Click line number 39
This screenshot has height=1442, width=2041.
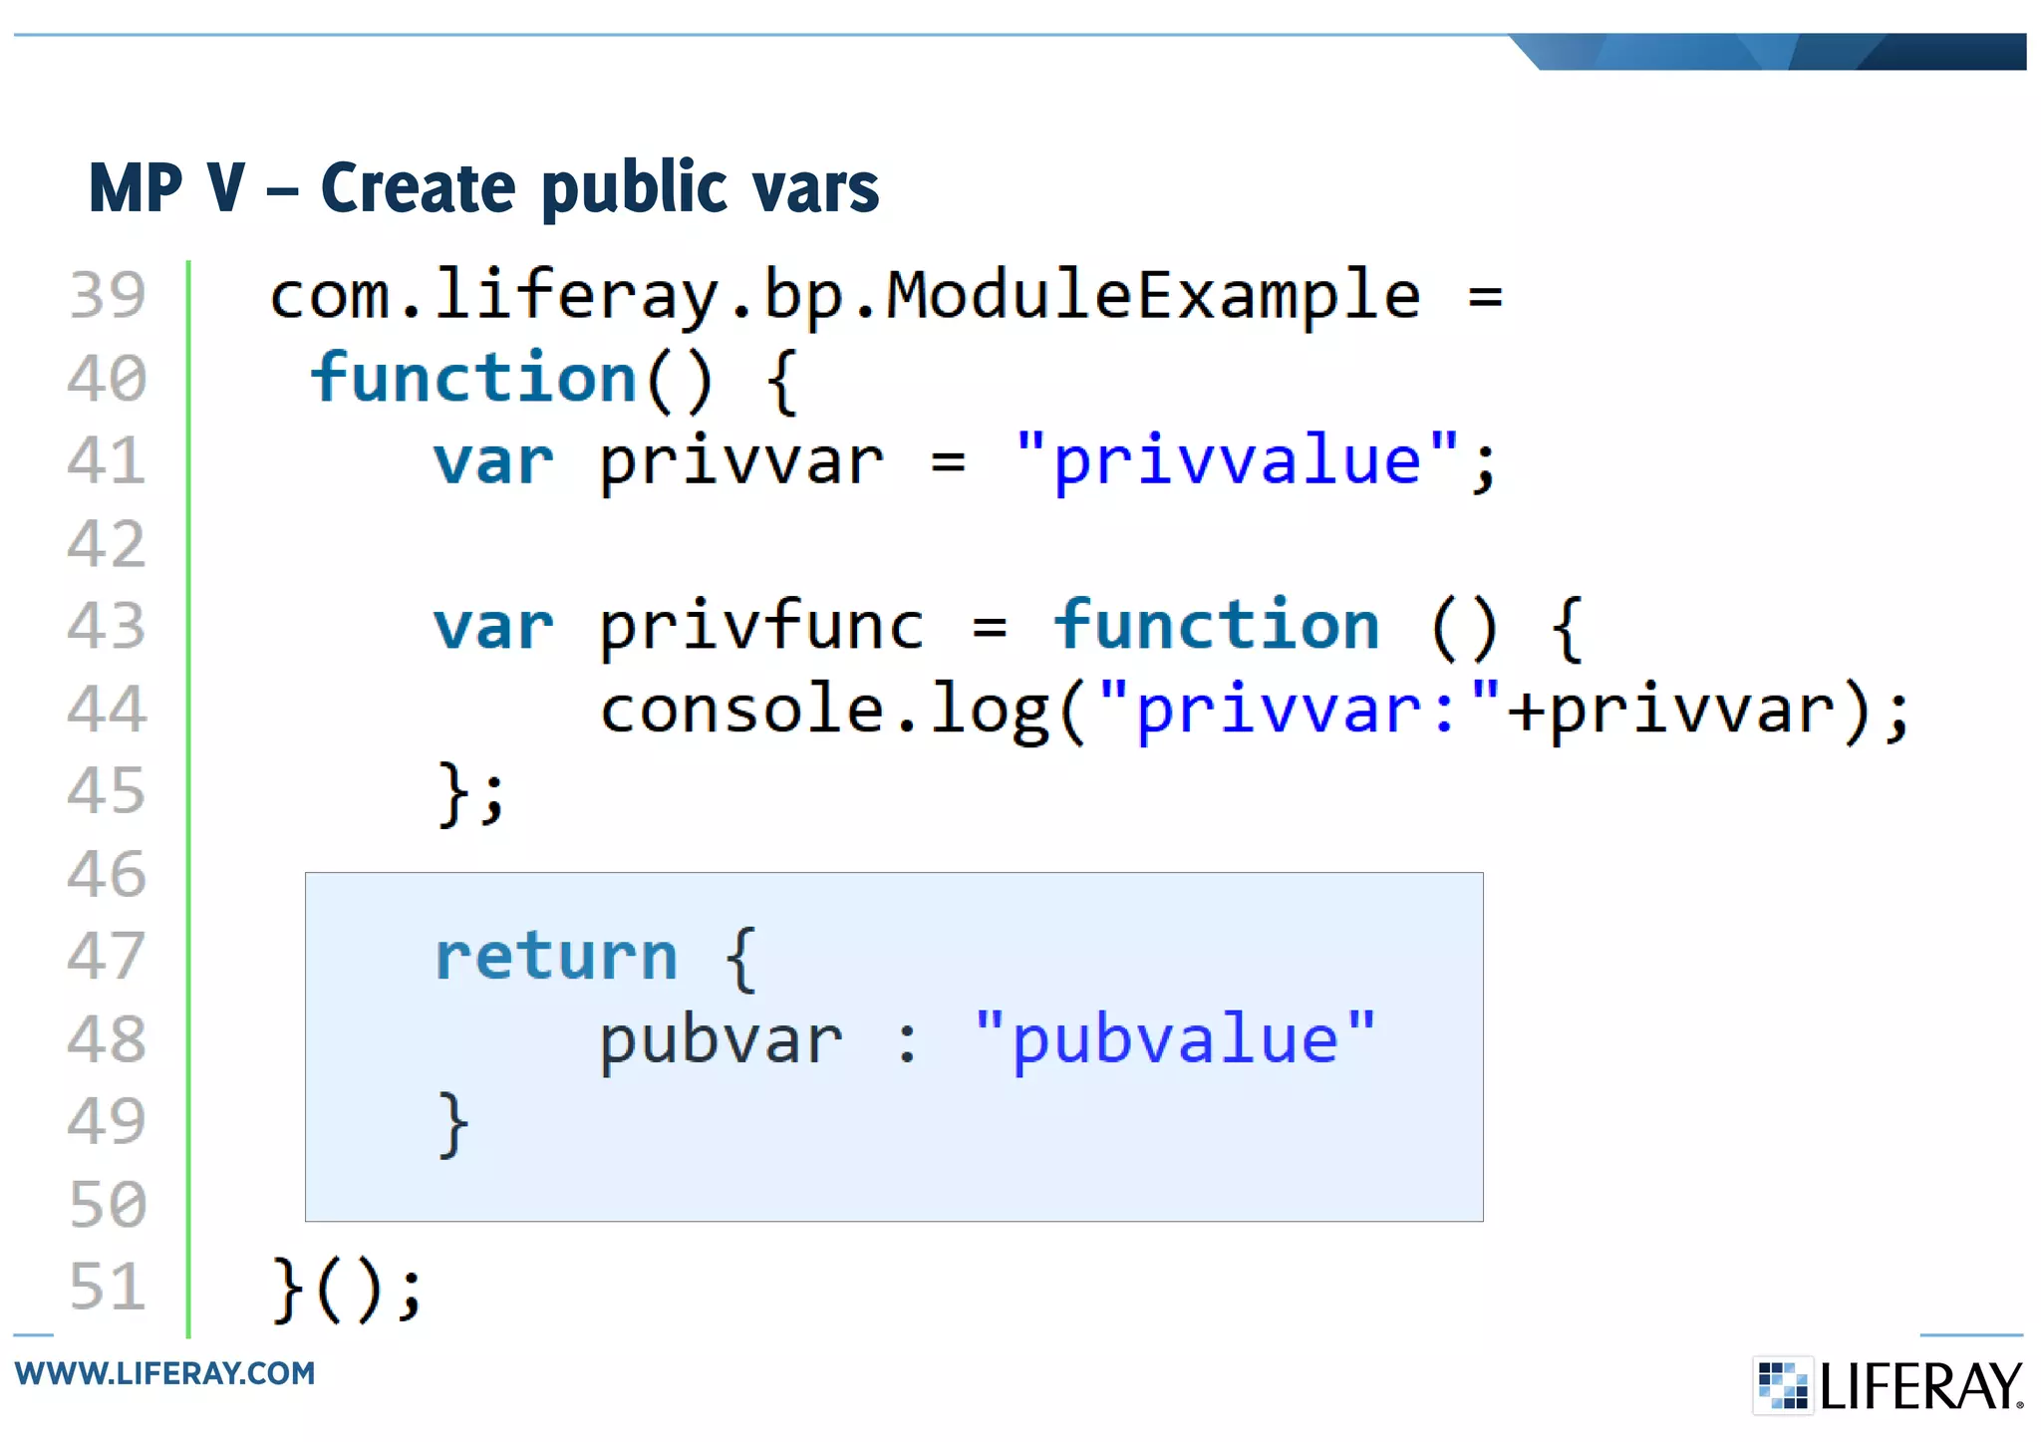click(x=108, y=295)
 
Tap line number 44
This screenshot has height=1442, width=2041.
click(x=108, y=710)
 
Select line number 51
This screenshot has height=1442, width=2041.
click(x=108, y=1287)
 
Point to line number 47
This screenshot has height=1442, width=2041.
click(x=108, y=957)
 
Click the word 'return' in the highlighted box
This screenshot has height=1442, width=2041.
click(x=556, y=957)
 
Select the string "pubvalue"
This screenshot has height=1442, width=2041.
click(x=1175, y=1039)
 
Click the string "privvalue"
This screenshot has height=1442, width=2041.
click(x=1236, y=461)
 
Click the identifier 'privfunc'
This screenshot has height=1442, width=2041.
click(x=762, y=628)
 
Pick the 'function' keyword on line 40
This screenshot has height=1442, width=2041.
click(x=473, y=379)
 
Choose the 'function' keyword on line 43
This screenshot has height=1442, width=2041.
click(x=1217, y=626)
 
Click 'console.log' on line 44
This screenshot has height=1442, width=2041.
click(x=824, y=710)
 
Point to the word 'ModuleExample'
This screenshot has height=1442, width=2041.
click(x=1153, y=295)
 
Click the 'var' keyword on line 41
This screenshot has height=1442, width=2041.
click(x=493, y=462)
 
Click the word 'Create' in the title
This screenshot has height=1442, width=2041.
click(x=419, y=187)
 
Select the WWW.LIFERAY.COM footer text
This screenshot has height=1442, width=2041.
click(x=164, y=1373)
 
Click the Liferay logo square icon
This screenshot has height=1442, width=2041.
click(x=1782, y=1385)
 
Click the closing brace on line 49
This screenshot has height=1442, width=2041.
click(x=453, y=1124)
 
